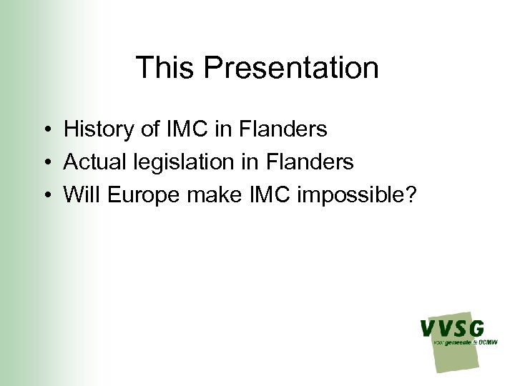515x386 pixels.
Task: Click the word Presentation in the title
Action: coord(291,68)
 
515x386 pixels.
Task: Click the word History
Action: coord(94,129)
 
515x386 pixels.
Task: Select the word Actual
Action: coord(93,162)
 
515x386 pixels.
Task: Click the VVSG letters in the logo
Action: coord(451,329)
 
